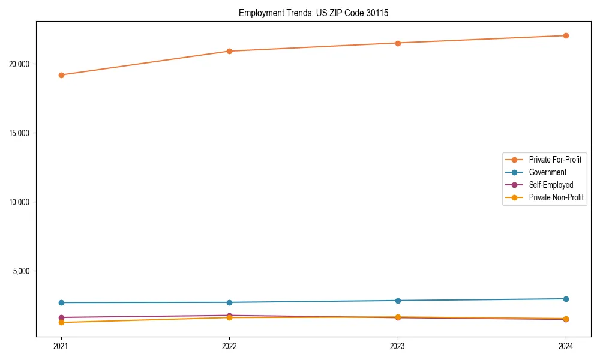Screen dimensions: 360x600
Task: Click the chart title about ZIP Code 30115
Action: click(x=313, y=13)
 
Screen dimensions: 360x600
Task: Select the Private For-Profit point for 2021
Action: click(x=61, y=75)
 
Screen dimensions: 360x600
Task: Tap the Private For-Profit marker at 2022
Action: click(x=229, y=51)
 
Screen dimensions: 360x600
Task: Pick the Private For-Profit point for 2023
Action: click(x=398, y=43)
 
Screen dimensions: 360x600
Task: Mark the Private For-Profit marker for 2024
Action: click(x=566, y=35)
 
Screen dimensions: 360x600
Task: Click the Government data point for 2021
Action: click(x=61, y=302)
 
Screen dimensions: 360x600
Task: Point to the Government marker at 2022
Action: click(x=229, y=302)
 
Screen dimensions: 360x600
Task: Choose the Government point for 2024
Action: click(x=566, y=299)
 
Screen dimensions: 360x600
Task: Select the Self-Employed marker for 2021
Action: click(x=61, y=317)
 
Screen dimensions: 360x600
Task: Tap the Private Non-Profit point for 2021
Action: click(x=61, y=323)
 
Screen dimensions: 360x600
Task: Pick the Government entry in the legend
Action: click(x=548, y=172)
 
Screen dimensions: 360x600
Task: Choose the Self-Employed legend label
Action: click(x=551, y=185)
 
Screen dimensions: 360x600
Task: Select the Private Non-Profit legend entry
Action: click(x=556, y=197)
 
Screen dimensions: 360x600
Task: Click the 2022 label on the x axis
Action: click(x=229, y=346)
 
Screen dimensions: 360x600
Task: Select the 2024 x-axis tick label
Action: click(x=566, y=346)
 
